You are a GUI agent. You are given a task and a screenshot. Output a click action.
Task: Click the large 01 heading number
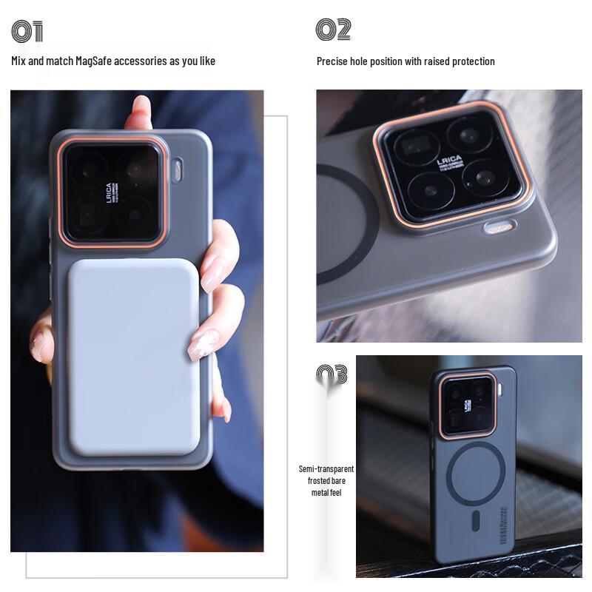click(27, 32)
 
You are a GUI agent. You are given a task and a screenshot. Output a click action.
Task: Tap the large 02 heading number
click(333, 30)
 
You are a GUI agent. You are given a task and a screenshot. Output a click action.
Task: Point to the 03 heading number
click(332, 374)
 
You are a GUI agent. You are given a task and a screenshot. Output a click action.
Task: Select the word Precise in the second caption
click(332, 61)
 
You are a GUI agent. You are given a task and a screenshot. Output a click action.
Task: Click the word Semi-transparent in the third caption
click(326, 469)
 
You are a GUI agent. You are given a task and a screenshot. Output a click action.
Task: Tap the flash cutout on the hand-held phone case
click(178, 170)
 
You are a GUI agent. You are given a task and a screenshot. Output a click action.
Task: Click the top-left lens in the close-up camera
click(417, 145)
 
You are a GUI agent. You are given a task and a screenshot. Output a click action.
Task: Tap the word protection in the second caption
click(472, 61)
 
